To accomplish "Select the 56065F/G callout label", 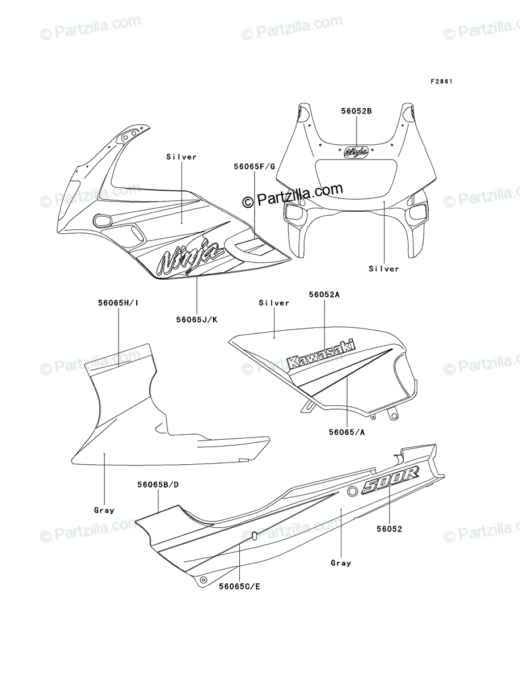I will (x=254, y=166).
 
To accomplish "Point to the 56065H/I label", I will (x=118, y=303).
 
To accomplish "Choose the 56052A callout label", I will (x=324, y=295).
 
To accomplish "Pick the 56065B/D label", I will (x=158, y=485).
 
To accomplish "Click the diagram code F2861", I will (x=441, y=82).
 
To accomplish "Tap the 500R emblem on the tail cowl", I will (x=390, y=484).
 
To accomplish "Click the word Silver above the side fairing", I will (x=181, y=157).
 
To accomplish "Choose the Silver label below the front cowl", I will (x=384, y=268).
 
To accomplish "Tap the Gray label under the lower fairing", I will (x=104, y=510).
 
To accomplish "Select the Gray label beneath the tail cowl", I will (x=341, y=563).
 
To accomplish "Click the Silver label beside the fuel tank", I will (x=274, y=303).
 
